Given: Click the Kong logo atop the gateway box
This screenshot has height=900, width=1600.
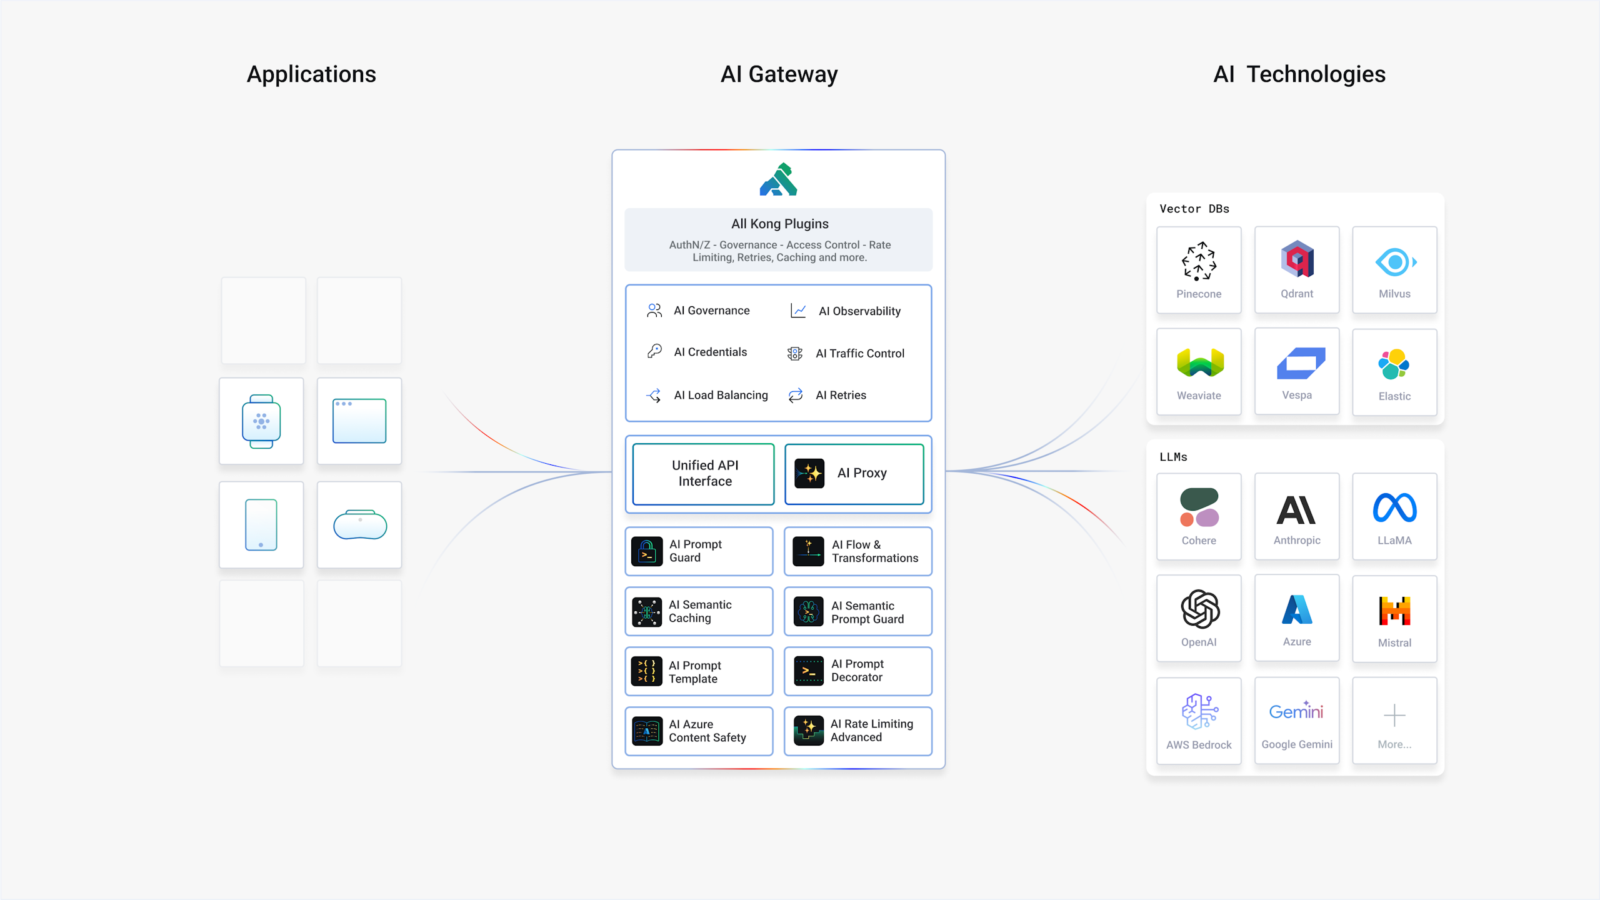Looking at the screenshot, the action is point(778,179).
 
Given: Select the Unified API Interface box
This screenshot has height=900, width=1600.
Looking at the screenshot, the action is point(704,474).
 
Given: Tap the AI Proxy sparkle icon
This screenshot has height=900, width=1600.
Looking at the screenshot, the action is point(809,473).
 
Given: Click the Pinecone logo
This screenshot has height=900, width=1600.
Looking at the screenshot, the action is point(1199,261).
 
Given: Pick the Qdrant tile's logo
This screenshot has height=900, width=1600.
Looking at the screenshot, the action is point(1297,259).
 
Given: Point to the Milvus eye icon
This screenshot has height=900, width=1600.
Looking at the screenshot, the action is point(1395,262).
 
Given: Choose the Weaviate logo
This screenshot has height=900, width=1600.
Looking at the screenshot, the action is point(1199,362).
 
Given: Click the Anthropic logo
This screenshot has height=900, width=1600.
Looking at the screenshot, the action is point(1296,510).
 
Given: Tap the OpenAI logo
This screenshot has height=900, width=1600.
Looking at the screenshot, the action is point(1199,609).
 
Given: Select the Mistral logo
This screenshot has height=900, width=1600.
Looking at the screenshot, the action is point(1394,611).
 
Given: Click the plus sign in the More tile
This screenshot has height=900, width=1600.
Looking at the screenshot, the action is point(1394,715).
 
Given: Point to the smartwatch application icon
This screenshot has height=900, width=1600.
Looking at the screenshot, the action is point(261,421).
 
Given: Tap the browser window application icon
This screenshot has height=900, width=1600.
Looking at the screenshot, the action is point(359,421).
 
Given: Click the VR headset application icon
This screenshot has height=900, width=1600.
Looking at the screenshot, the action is point(360,524).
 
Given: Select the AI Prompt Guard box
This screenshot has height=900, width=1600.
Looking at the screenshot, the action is point(699,551).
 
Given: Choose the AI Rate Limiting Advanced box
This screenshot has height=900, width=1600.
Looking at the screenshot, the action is point(857,731).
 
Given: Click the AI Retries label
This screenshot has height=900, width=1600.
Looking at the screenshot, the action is point(841,395).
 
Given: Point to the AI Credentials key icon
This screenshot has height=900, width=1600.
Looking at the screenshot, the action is point(654,351).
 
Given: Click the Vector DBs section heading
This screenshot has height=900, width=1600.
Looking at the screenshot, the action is point(1194,209).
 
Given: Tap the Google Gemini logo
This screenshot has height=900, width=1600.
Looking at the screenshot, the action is point(1296,711).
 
